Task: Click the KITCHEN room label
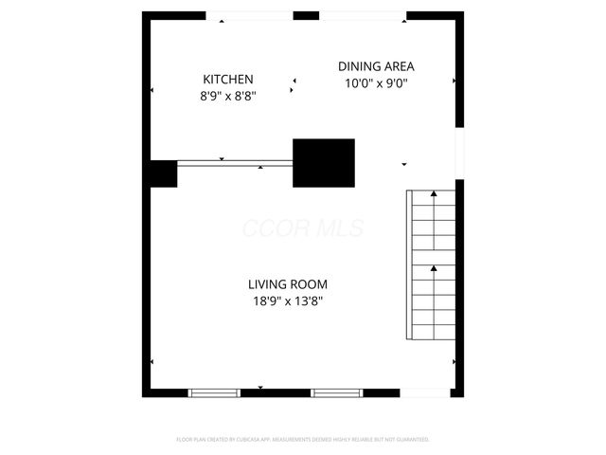click(x=227, y=79)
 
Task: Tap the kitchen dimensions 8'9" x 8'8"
click(x=227, y=95)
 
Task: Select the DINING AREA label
click(x=376, y=66)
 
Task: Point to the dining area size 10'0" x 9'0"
click(x=376, y=82)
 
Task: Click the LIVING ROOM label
click(x=288, y=284)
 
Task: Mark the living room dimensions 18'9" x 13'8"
click(x=288, y=301)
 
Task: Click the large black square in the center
click(x=323, y=163)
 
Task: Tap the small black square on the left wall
click(x=163, y=173)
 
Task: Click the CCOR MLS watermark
click(x=303, y=228)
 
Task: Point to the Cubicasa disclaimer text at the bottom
click(x=303, y=440)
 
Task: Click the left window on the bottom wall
click(x=215, y=392)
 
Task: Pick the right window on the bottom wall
click(x=338, y=392)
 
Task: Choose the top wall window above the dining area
click(x=363, y=15)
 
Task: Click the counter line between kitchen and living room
click(x=235, y=163)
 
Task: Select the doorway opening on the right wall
click(x=459, y=154)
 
